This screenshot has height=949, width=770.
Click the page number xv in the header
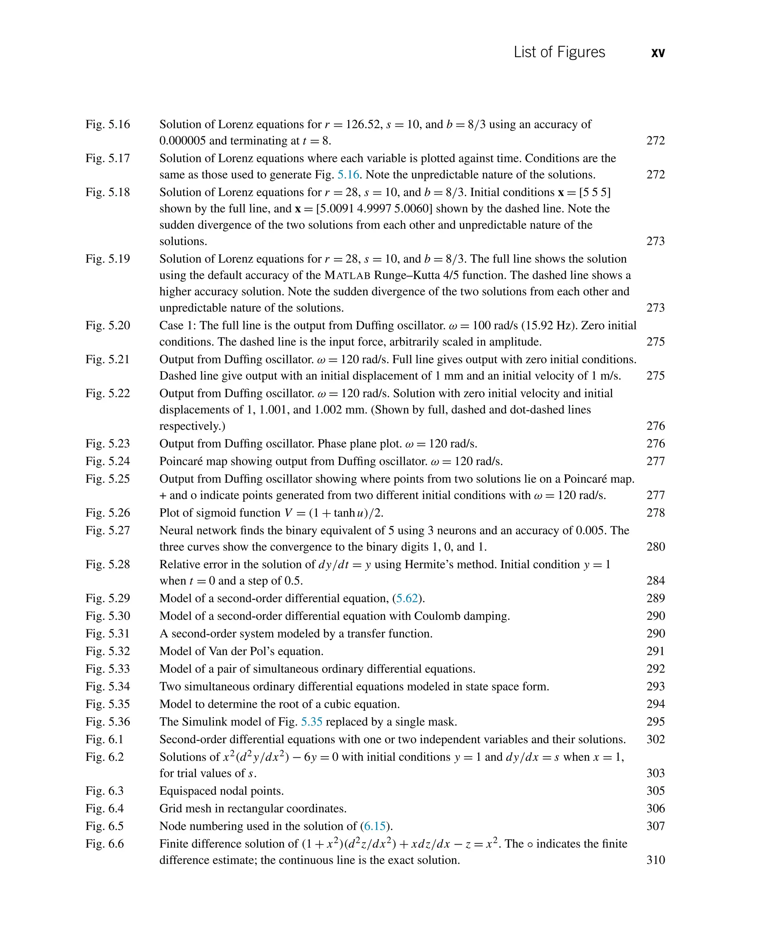[658, 53]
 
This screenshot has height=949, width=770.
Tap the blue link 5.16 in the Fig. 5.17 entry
[348, 175]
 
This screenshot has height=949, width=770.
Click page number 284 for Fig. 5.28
[656, 581]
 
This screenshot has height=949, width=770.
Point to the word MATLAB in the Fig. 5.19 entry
[347, 275]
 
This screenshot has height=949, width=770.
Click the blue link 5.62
[407, 598]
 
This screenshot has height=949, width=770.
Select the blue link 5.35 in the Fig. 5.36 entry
[311, 722]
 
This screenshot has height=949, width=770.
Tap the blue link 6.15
[375, 826]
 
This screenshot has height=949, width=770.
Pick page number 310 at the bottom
[656, 860]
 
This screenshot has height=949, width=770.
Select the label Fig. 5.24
[108, 461]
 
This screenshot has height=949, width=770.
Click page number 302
[656, 739]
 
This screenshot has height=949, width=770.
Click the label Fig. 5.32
[108, 651]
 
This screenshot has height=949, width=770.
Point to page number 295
[656, 722]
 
